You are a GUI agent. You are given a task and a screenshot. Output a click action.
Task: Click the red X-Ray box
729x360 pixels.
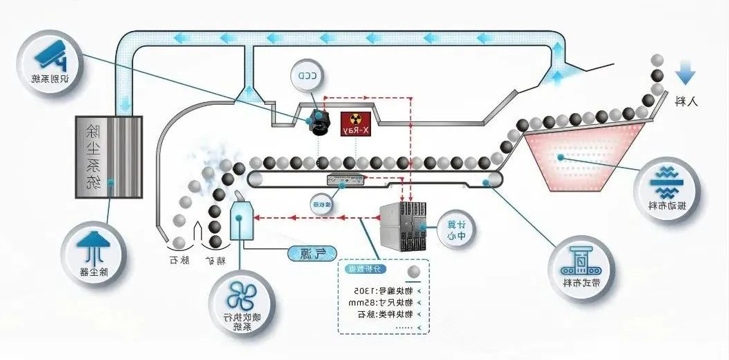tap(357, 123)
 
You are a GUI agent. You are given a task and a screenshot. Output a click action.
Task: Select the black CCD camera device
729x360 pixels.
tap(319, 123)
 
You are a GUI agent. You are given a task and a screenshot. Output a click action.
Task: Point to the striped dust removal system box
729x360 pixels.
tap(109, 152)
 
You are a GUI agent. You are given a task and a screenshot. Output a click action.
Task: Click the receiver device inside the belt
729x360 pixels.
tap(345, 179)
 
